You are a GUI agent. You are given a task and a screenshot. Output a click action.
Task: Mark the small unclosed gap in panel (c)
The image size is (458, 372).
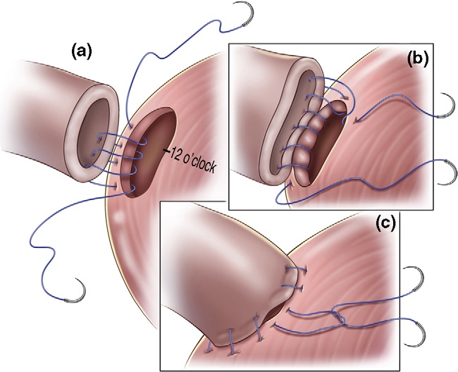pos(276,311)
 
